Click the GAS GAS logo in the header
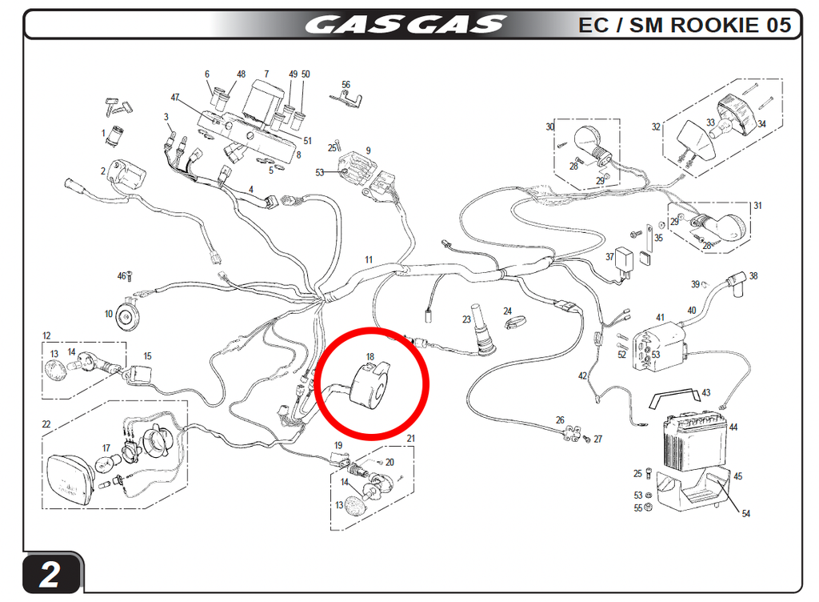[406, 25]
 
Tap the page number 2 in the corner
[50, 574]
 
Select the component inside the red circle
[368, 387]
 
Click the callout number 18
[370, 357]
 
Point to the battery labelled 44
[695, 439]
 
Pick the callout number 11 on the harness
[369, 259]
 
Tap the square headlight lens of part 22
[70, 481]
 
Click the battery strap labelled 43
[674, 398]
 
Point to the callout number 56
[346, 85]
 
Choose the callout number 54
[746, 514]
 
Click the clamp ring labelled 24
[516, 323]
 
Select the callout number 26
[560, 420]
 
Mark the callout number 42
[583, 375]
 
